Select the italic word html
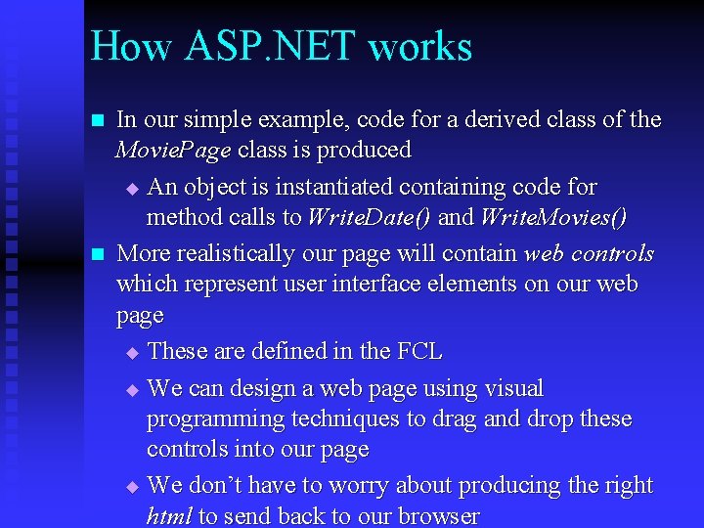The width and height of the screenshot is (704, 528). click(168, 516)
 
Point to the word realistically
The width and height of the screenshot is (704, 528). click(232, 253)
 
